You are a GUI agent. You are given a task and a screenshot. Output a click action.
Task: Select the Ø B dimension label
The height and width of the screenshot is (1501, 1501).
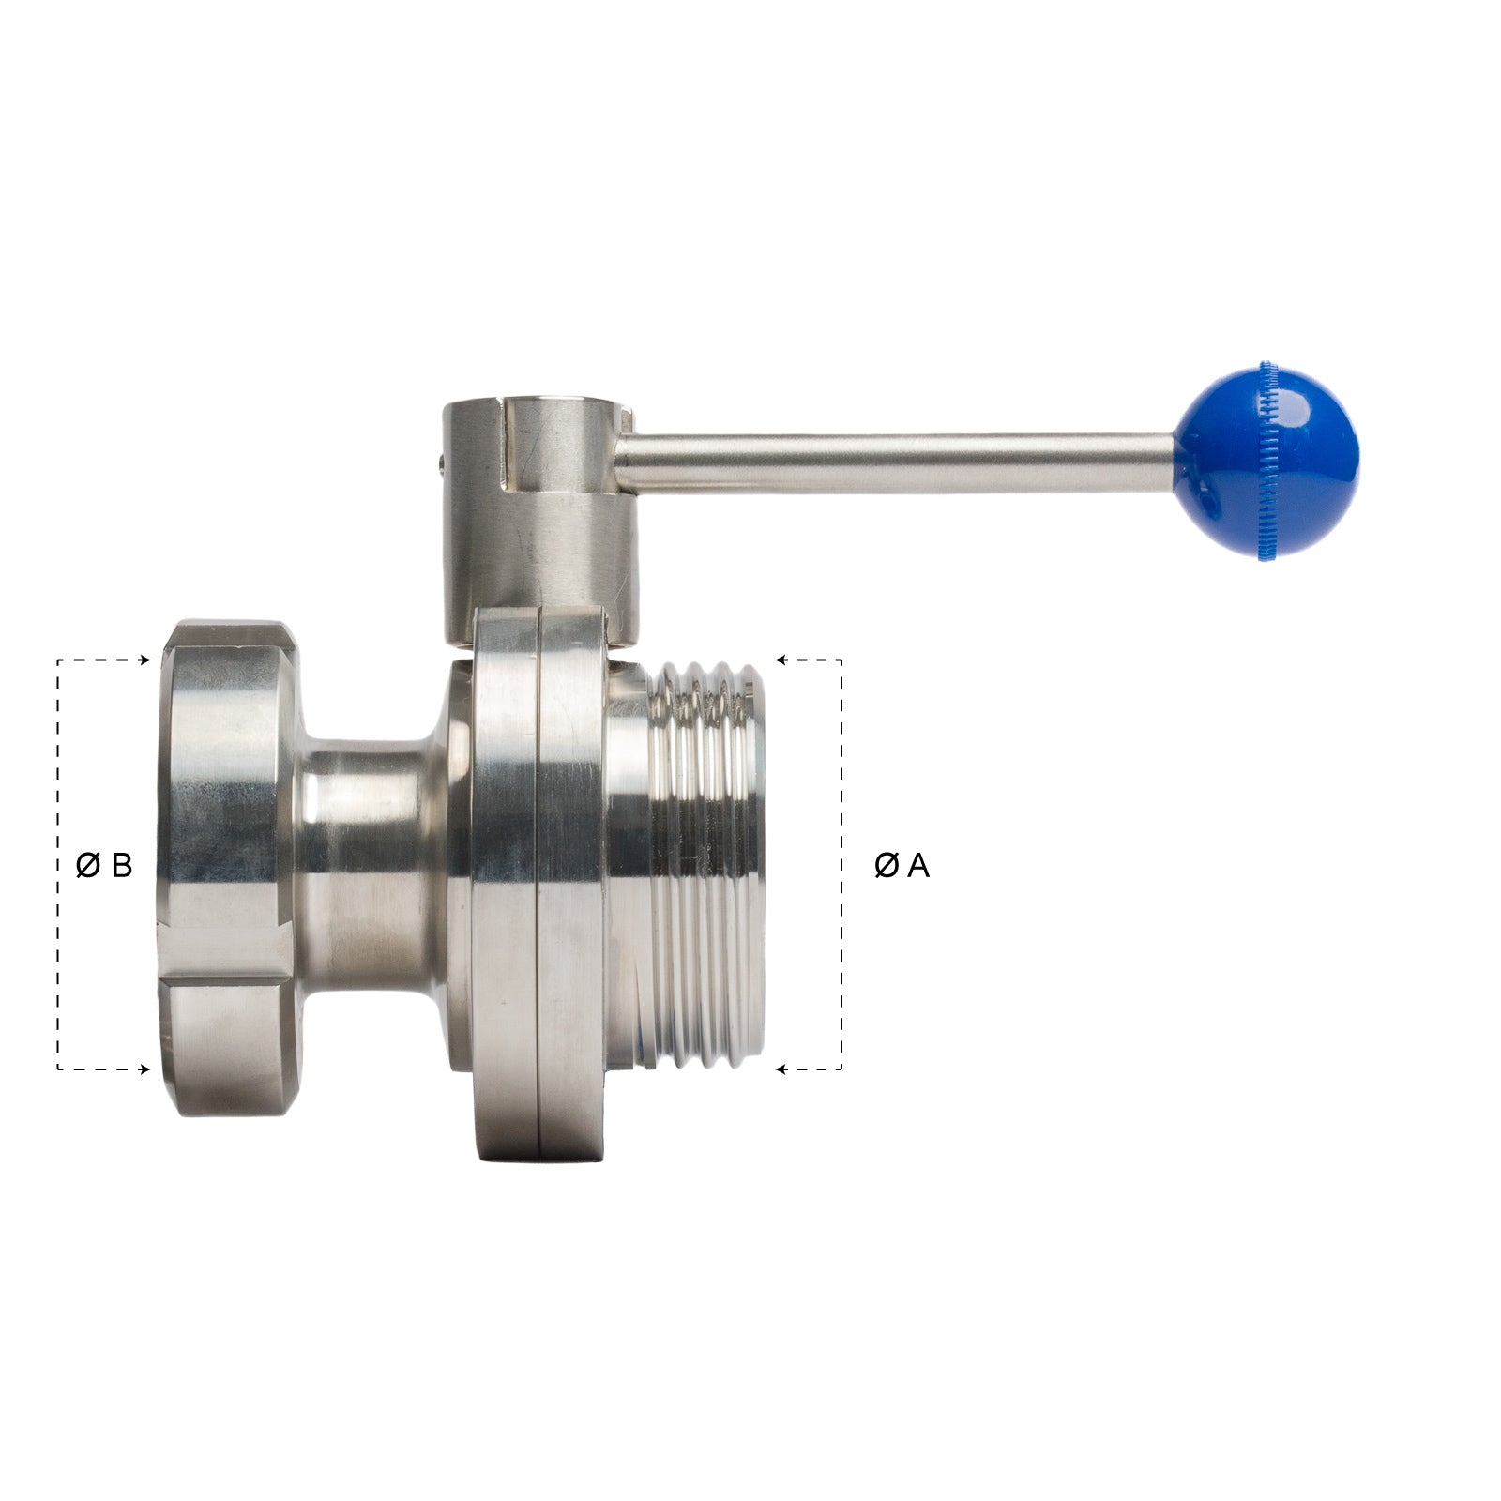tap(104, 865)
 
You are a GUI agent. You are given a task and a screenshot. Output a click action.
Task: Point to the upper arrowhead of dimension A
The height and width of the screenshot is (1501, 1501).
tap(781, 660)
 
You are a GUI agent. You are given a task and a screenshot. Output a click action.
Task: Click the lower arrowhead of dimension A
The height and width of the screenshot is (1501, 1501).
tap(781, 1069)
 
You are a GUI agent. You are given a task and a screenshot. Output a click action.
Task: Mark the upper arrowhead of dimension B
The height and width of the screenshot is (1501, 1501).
tap(144, 660)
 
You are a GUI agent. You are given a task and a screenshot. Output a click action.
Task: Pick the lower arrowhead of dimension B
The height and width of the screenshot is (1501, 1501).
tap(144, 1069)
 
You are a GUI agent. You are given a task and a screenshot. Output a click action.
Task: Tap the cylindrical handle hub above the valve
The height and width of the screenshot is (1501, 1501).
tap(525, 525)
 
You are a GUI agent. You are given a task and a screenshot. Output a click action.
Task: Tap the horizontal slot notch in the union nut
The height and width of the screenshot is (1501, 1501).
tap(225, 979)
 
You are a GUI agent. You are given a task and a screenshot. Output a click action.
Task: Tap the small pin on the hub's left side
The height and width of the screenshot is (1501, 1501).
tap(442, 460)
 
